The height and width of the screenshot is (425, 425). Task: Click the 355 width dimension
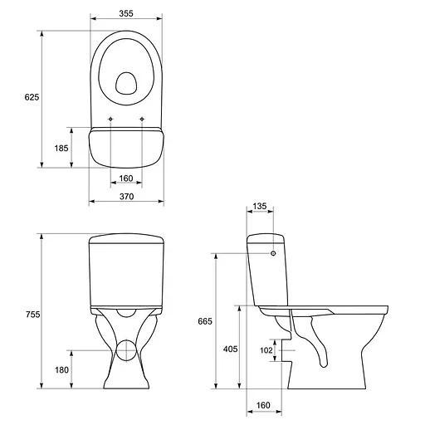point(126,13)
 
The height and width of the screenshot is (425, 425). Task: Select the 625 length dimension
point(32,97)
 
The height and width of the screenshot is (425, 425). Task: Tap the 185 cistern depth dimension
point(61,149)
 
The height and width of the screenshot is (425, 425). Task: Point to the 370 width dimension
point(126,197)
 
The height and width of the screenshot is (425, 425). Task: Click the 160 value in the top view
point(126,178)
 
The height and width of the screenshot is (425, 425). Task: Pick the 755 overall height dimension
point(33,315)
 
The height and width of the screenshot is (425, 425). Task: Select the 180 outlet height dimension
point(61,369)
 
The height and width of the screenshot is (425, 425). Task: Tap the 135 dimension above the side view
point(260,206)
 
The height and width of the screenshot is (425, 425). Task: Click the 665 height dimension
point(205,321)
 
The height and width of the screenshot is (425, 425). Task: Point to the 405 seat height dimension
point(230,349)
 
